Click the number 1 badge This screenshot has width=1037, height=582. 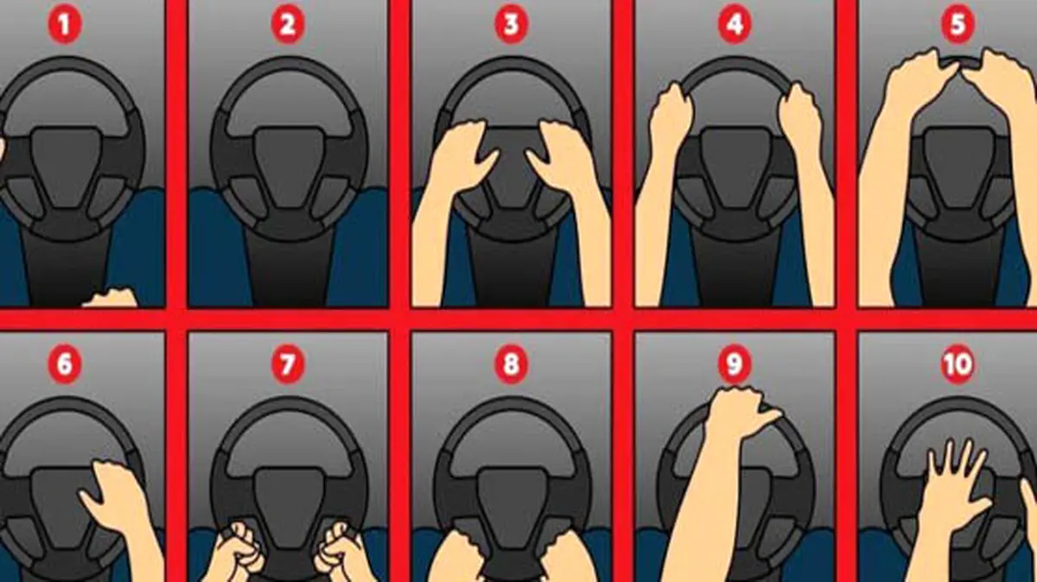(65, 24)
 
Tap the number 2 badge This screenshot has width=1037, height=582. (288, 24)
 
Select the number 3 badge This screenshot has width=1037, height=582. (511, 24)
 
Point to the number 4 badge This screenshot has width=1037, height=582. (735, 24)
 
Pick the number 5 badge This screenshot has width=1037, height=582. (957, 24)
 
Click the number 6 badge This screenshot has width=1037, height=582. (65, 364)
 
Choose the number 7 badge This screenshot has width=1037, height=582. (288, 364)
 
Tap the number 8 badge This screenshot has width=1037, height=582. (511, 364)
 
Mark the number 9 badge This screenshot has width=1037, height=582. (735, 364)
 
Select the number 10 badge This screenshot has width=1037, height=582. (957, 364)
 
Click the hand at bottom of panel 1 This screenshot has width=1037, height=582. (111, 299)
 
